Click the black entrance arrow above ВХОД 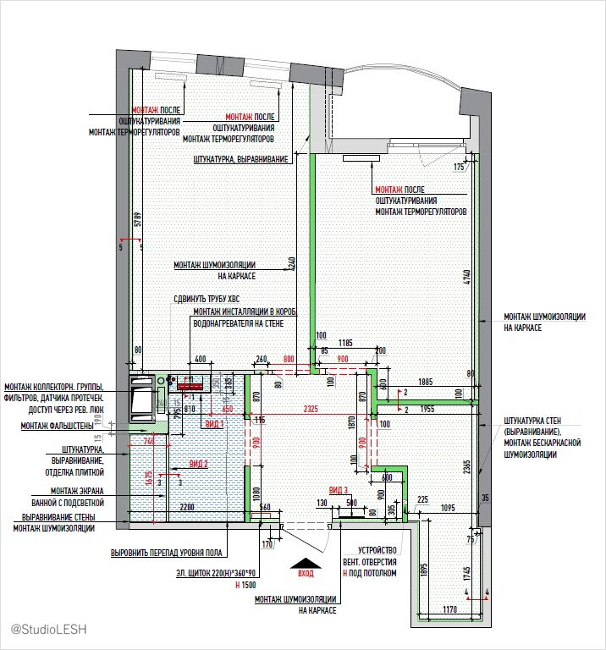(306, 562)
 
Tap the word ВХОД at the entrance (306, 573)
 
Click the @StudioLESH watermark (49, 630)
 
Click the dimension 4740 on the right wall (466, 277)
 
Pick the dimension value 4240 (290, 262)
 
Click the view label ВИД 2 (198, 464)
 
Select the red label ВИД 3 (338, 490)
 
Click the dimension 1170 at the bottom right (449, 609)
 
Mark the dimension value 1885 (425, 382)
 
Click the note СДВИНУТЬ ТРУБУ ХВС (212, 299)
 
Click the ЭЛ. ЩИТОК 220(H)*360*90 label (217, 573)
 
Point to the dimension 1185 (345, 343)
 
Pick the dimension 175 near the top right (460, 167)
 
